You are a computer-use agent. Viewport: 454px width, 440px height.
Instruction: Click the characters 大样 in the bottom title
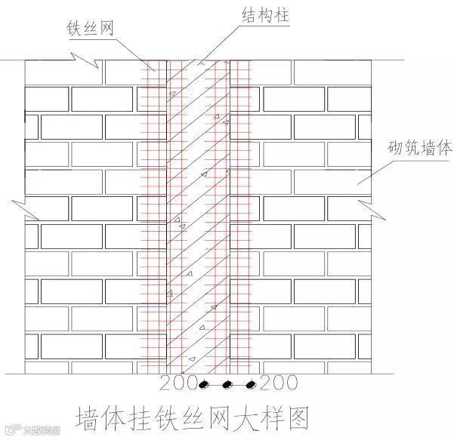255,417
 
